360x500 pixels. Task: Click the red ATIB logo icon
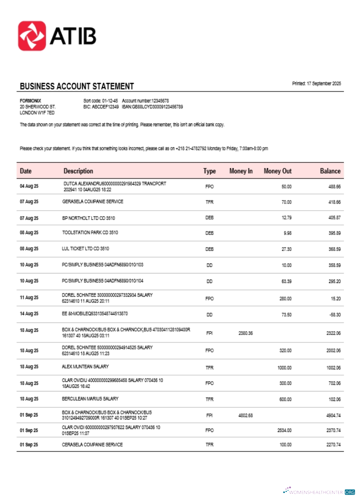pyautogui.click(x=32, y=35)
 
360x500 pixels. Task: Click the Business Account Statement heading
pyautogui.click(x=76, y=86)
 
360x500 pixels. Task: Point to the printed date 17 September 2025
pyautogui.click(x=316, y=83)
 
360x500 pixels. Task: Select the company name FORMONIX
pyautogui.click(x=30, y=101)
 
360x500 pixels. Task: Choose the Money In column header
pyautogui.click(x=240, y=171)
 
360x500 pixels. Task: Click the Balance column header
pyautogui.click(x=330, y=171)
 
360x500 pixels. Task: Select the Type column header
pyautogui.click(x=209, y=171)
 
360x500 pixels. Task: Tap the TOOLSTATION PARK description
pyautogui.click(x=90, y=233)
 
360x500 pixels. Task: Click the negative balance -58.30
pyautogui.click(x=331, y=314)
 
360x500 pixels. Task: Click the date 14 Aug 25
pyautogui.click(x=29, y=314)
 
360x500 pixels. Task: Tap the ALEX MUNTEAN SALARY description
pyautogui.click(x=85, y=367)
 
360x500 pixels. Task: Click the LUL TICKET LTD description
pyautogui.click(x=85, y=249)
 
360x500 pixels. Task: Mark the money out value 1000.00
pyautogui.click(x=284, y=368)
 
